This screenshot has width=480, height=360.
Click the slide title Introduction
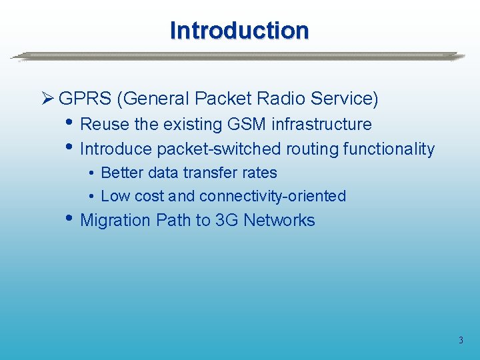[239, 31]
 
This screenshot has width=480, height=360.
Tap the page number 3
[460, 341]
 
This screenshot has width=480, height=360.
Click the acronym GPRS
[85, 99]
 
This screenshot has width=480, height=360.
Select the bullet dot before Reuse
[71, 124]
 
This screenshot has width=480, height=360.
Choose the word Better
[122, 173]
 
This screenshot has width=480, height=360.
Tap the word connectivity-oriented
[273, 196]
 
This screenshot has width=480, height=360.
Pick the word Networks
[279, 221]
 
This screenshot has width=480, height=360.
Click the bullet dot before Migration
[71, 220]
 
